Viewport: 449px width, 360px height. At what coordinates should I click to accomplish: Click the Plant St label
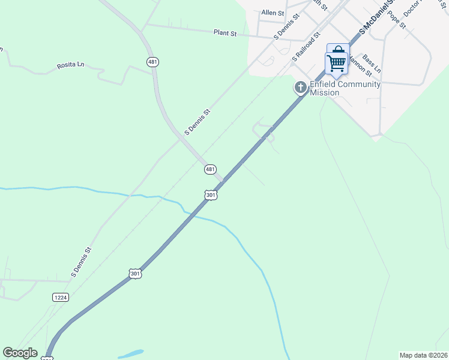(224, 32)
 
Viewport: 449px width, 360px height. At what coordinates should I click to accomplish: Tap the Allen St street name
(273, 13)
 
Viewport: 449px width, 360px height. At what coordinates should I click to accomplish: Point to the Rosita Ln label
(71, 64)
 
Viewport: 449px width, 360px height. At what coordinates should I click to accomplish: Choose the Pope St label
(397, 20)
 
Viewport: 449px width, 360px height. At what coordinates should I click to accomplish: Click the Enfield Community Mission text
(345, 88)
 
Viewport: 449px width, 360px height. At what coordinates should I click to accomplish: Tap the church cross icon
(300, 88)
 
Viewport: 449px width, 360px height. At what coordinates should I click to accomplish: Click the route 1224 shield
(60, 297)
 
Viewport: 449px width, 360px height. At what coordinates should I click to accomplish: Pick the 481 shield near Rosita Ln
(153, 61)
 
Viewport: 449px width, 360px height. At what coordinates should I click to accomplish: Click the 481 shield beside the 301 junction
(209, 170)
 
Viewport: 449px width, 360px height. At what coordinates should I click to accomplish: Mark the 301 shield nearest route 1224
(136, 274)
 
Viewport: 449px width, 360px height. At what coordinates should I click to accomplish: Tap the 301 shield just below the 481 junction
(210, 195)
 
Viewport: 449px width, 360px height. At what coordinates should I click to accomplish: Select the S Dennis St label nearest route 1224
(81, 262)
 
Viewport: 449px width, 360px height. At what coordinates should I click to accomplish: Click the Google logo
(20, 353)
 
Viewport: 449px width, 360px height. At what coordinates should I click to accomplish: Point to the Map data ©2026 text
(423, 355)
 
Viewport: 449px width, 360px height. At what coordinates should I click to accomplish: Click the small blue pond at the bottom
(132, 353)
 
